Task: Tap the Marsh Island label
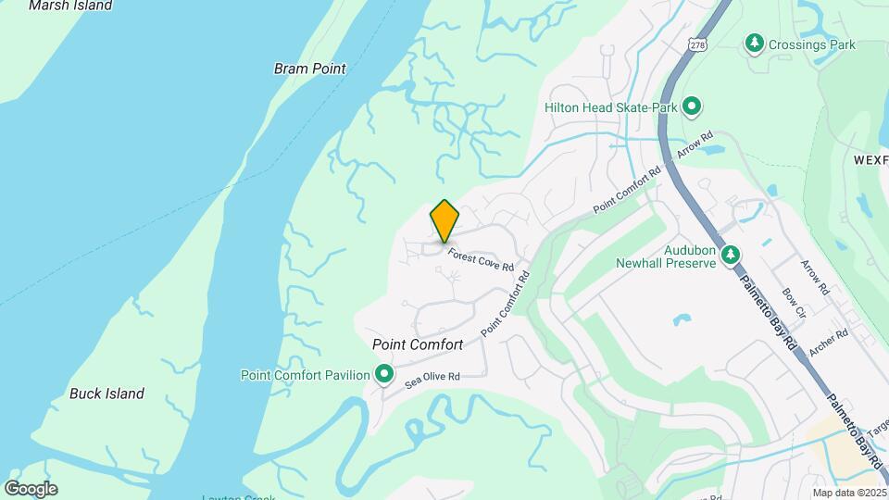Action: (70, 6)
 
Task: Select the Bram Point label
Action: (309, 69)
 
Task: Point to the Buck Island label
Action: (106, 394)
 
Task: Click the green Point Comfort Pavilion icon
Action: (383, 375)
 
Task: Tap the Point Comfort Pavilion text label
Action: (305, 375)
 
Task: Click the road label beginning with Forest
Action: (481, 258)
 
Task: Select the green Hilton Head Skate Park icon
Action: (691, 107)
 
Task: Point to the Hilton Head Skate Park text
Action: (611, 107)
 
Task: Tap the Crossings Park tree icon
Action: (755, 44)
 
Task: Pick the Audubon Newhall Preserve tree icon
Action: (731, 254)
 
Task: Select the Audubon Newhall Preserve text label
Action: (667, 256)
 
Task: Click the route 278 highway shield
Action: (696, 44)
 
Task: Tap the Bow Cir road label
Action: (795, 304)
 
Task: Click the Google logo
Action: (31, 489)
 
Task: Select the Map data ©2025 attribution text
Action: (849, 493)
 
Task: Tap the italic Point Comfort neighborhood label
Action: (418, 344)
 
